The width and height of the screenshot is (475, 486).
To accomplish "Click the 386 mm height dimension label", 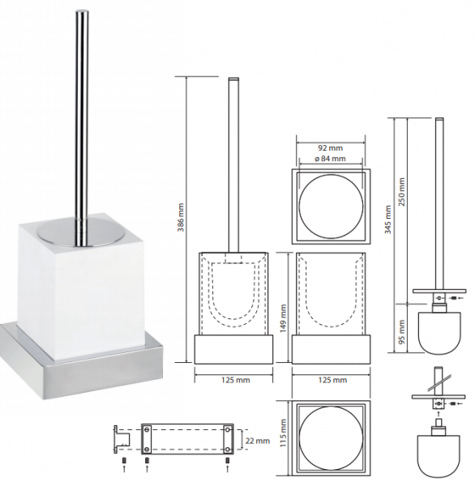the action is pos(182,217).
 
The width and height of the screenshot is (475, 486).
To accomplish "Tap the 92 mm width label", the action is pos(331,148).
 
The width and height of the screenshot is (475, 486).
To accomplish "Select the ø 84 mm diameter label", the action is pos(330,159).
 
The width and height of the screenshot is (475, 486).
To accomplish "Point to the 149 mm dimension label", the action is pos(283,318).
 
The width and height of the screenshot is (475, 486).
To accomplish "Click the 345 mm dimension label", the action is pos(388,220).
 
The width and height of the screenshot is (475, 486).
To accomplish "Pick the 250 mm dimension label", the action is pos(402,192).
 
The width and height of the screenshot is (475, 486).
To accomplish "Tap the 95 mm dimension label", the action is pos(402,332).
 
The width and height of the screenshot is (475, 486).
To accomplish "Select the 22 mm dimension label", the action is pos(257,441).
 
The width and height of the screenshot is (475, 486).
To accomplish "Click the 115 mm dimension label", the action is pos(283,433).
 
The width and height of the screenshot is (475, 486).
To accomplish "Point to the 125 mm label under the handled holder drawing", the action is pos(236,380).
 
